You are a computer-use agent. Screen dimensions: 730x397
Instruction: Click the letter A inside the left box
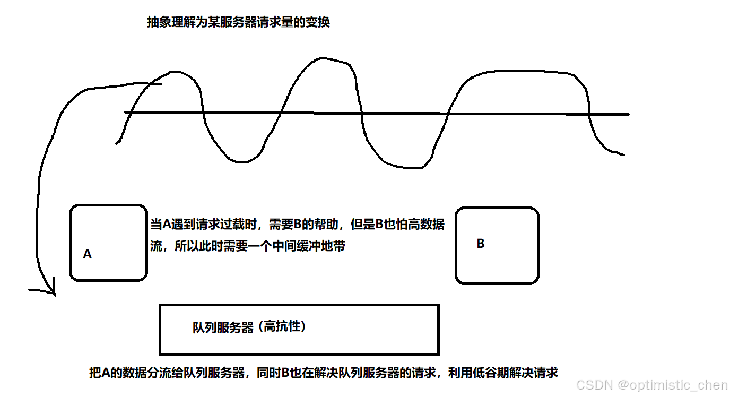[88, 255]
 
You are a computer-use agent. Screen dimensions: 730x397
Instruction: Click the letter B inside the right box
[481, 244]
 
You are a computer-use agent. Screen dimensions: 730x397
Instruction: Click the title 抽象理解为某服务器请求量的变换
[238, 23]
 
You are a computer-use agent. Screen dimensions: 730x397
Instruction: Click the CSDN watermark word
[594, 385]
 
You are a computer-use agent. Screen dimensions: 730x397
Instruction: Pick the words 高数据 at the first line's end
[424, 225]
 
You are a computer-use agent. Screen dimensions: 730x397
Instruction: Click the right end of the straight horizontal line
[628, 114]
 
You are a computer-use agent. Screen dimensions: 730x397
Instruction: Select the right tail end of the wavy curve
[623, 155]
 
